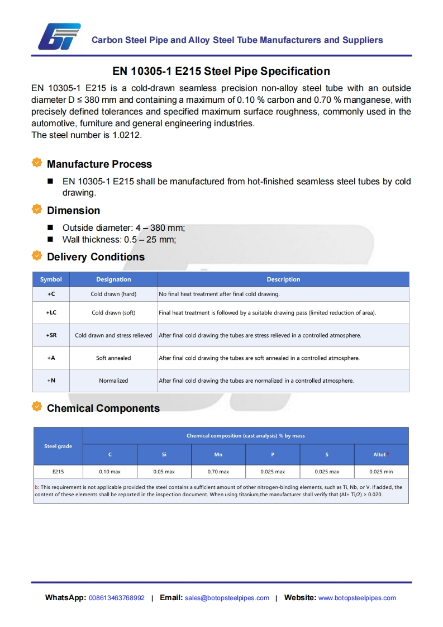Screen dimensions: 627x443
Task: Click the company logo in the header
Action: [x=59, y=36]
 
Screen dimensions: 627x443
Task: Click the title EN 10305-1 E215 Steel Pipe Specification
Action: [x=221, y=71]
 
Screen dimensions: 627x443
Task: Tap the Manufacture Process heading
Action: [x=99, y=164]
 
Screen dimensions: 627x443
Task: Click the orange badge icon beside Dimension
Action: [x=37, y=210]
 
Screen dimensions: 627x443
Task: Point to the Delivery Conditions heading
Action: [x=96, y=257]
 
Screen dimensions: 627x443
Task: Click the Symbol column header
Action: [x=51, y=279]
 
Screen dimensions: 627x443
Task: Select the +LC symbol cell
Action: [x=51, y=313]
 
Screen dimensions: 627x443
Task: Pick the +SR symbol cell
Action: [x=51, y=335]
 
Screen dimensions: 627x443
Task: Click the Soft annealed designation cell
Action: [x=113, y=358]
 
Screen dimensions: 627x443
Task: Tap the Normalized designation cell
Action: [x=113, y=381]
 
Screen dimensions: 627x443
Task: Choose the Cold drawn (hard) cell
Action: [x=113, y=294]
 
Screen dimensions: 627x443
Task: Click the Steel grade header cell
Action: [x=58, y=446]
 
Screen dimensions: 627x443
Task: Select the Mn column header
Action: [x=218, y=455]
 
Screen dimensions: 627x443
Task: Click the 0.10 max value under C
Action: [x=110, y=472]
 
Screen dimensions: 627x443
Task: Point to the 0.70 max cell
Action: [x=218, y=472]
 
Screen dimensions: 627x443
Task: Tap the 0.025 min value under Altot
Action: [x=381, y=472]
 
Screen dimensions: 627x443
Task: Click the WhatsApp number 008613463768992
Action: [x=117, y=598]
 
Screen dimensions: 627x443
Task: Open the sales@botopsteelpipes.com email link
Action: [x=227, y=598]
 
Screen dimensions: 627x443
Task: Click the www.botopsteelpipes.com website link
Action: [x=357, y=598]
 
